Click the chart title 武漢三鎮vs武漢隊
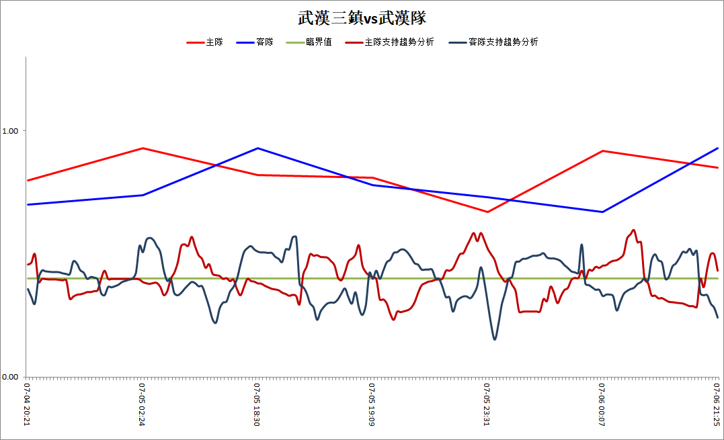click(x=362, y=18)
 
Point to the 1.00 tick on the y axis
click(x=10, y=131)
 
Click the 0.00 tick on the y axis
click(x=10, y=377)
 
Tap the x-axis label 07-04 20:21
click(x=27, y=404)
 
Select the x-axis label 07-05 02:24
click(x=142, y=404)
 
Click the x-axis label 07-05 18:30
click(x=257, y=404)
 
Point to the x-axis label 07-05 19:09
click(x=372, y=404)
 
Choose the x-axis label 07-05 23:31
click(x=487, y=404)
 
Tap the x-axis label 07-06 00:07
click(x=602, y=404)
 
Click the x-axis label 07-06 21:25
click(x=716, y=404)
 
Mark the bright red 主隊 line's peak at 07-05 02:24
click(x=143, y=148)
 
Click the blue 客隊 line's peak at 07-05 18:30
click(x=257, y=148)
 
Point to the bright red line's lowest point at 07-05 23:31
click(x=487, y=212)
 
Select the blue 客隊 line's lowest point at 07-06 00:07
click(x=602, y=212)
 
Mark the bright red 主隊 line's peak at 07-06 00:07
click(x=602, y=151)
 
